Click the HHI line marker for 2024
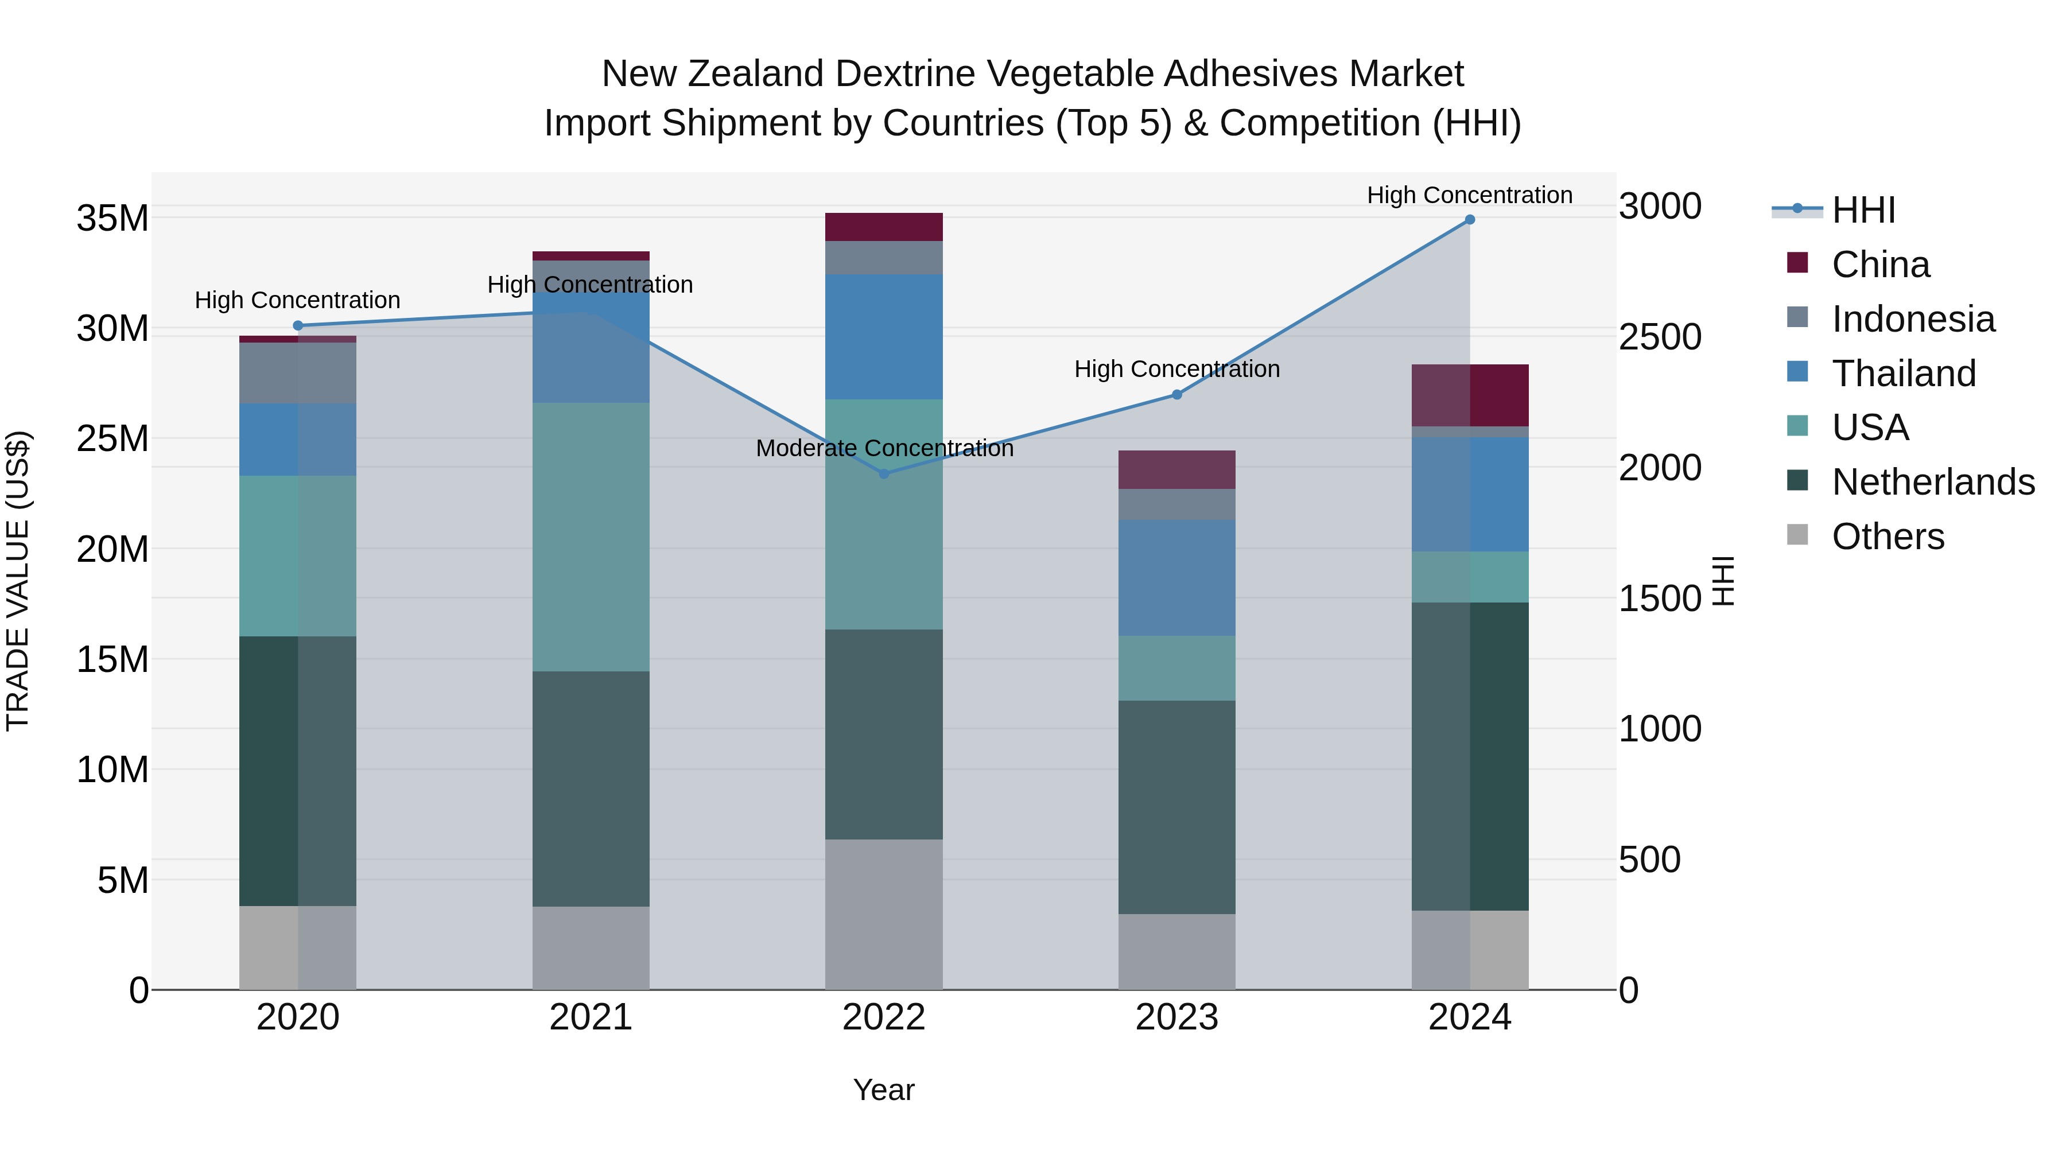click(x=1469, y=219)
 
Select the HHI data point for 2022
click(x=884, y=474)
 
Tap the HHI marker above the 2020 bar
click(x=297, y=325)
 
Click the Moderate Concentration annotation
click(x=884, y=448)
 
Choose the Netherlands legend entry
click(x=1932, y=482)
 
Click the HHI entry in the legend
click(x=1862, y=210)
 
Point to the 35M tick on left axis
click(x=112, y=218)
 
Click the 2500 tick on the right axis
click(x=1659, y=337)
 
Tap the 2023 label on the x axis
click(x=1176, y=1017)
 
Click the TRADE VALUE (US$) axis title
click(x=18, y=581)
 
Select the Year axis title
click(x=883, y=1090)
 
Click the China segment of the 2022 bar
click(x=884, y=227)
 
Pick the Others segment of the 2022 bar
click(x=884, y=914)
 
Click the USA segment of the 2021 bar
click(x=591, y=537)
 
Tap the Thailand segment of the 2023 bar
click(x=1176, y=577)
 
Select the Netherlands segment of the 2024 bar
click(x=1469, y=756)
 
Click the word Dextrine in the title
click(x=908, y=74)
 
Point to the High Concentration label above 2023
click(x=1176, y=369)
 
